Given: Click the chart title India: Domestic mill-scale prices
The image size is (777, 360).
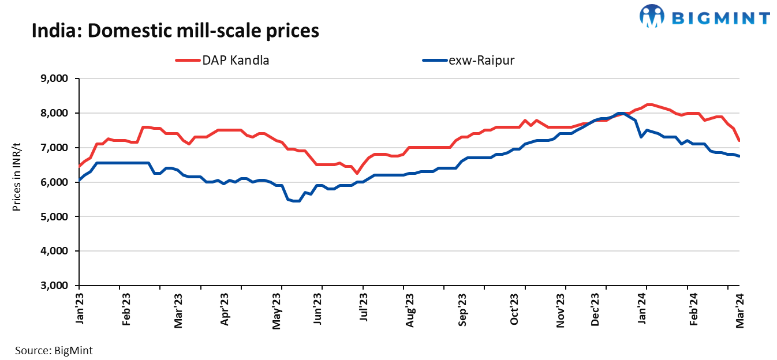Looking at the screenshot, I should click(x=175, y=31).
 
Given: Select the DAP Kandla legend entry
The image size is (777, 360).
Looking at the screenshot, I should click(x=222, y=60).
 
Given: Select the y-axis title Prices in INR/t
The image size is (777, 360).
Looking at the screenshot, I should click(x=17, y=182).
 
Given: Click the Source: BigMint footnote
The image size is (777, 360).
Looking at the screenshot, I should click(x=54, y=350).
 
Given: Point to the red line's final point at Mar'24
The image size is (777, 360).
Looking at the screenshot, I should click(x=739, y=140).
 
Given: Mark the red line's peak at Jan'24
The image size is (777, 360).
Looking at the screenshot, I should click(x=648, y=104).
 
